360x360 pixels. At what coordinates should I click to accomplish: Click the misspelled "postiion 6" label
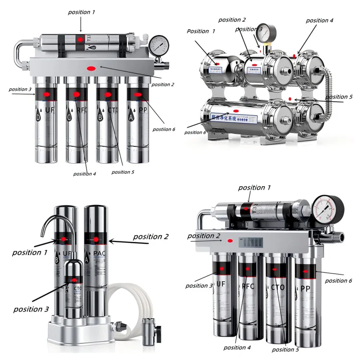[x=164, y=129]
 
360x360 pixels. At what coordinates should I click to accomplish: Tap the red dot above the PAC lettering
[x=96, y=239]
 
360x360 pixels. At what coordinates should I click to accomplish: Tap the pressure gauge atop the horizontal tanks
[x=263, y=31]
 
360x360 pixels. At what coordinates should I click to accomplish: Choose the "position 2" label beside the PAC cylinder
[x=151, y=237]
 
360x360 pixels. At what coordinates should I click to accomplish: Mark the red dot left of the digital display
[x=229, y=241]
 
